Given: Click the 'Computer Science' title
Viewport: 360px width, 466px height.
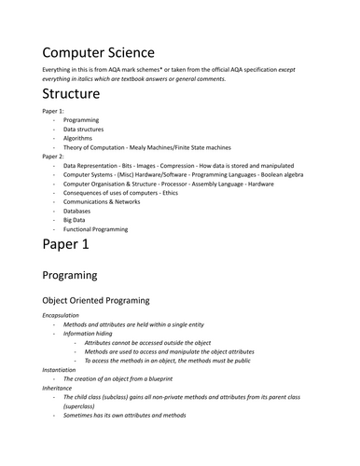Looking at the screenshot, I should tap(98, 52).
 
